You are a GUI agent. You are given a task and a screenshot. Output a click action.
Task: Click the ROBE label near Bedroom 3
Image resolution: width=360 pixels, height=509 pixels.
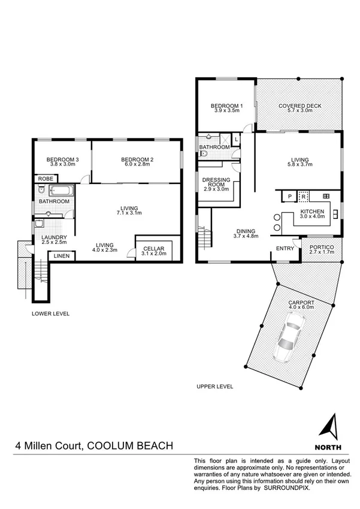point(45,179)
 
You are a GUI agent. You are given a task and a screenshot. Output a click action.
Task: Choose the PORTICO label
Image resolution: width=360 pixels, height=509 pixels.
point(322,247)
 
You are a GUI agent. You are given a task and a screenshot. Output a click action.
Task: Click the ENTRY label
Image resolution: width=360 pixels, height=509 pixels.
point(284,248)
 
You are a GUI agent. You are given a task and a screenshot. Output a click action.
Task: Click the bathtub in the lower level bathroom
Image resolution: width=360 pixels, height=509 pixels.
point(61,192)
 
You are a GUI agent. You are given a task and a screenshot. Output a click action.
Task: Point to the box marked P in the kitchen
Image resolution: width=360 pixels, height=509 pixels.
point(290,196)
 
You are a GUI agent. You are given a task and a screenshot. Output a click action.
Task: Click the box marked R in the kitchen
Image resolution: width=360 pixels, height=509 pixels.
point(304,196)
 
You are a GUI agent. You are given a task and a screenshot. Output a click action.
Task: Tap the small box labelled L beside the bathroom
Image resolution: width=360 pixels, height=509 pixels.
point(237,139)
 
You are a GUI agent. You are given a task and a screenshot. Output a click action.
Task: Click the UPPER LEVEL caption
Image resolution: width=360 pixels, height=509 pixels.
point(214,387)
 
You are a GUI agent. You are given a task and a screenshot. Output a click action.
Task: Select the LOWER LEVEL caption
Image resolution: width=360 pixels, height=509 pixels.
point(51,314)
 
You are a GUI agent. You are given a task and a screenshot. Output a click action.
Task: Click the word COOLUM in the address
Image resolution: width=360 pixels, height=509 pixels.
point(111,445)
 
